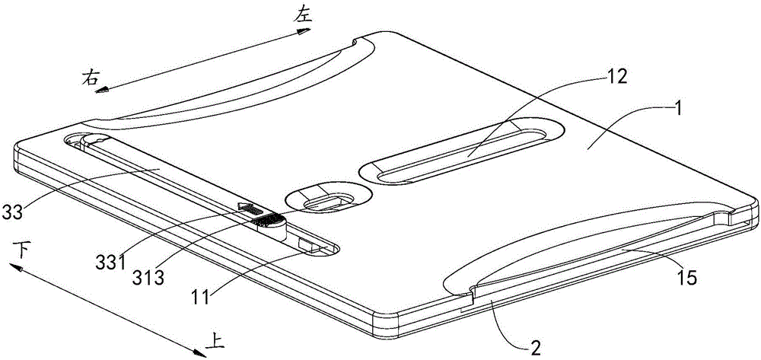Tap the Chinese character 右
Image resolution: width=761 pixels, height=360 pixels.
pyautogui.click(x=92, y=76)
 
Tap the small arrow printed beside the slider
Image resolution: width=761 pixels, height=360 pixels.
pyautogui.click(x=248, y=206)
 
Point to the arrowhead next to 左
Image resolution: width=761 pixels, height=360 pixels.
pyautogui.click(x=304, y=32)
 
